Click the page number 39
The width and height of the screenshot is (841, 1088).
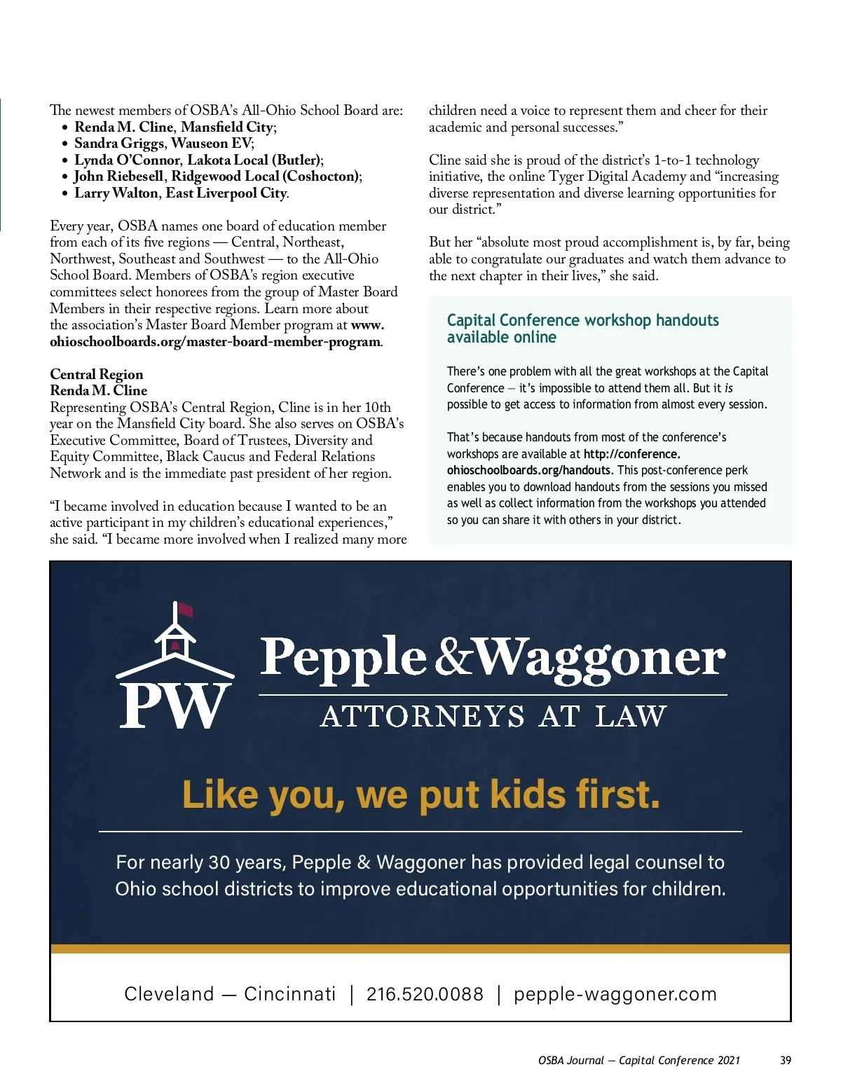tap(786, 1060)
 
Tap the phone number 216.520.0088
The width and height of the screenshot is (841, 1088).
tap(425, 994)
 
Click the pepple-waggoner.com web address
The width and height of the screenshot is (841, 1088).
tap(615, 994)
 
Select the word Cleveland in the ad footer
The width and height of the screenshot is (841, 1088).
tap(169, 994)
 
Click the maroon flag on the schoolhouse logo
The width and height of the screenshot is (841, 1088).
tap(185, 610)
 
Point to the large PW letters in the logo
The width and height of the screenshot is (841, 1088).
tap(175, 705)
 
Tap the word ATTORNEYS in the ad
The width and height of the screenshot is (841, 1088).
tap(422, 717)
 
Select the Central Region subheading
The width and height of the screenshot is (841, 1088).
tap(97, 374)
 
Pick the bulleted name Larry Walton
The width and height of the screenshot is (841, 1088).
tap(117, 193)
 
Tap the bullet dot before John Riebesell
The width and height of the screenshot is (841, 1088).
tap(65, 177)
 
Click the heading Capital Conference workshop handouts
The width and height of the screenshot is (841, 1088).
tap(582, 321)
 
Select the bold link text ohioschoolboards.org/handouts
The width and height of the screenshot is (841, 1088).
tap(529, 471)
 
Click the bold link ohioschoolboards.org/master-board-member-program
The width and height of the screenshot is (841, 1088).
tap(215, 342)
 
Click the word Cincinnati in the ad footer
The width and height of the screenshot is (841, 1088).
tap(289, 994)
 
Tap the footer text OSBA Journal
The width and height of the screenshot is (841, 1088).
tap(570, 1060)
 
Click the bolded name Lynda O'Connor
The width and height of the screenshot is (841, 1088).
tap(127, 160)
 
